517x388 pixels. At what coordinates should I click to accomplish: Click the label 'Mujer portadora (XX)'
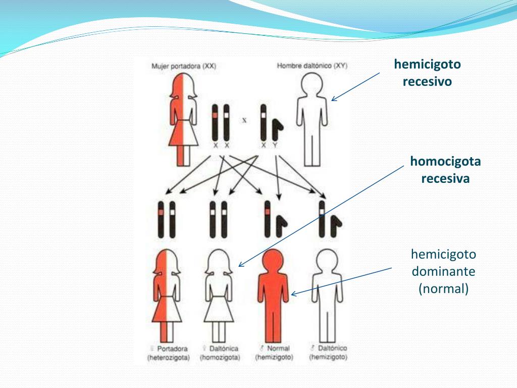click(184, 66)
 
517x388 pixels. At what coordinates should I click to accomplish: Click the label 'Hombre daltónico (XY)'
click(312, 66)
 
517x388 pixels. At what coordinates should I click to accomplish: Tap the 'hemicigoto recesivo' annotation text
click(427, 73)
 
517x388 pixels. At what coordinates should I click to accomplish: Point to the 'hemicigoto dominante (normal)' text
click(443, 271)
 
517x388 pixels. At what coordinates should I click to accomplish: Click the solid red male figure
click(273, 298)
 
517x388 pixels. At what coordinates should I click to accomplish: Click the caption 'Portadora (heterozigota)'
click(169, 353)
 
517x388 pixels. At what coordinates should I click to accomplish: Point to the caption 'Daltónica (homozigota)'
click(220, 353)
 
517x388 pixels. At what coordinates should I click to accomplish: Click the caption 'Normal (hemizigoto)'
click(274, 353)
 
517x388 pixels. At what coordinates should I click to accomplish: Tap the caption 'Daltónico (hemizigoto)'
click(328, 353)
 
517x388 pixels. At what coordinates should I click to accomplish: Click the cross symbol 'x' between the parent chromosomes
click(244, 120)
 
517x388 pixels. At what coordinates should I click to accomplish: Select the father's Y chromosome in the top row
click(276, 130)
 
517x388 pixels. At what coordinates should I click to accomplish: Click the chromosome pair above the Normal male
click(274, 219)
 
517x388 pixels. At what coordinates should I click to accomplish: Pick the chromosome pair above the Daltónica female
click(219, 219)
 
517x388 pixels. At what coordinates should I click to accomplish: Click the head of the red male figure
click(273, 260)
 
